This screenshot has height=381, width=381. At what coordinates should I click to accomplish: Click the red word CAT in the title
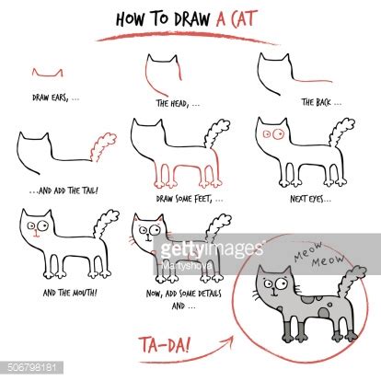252,18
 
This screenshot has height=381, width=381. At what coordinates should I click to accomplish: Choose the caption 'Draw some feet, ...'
178,197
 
